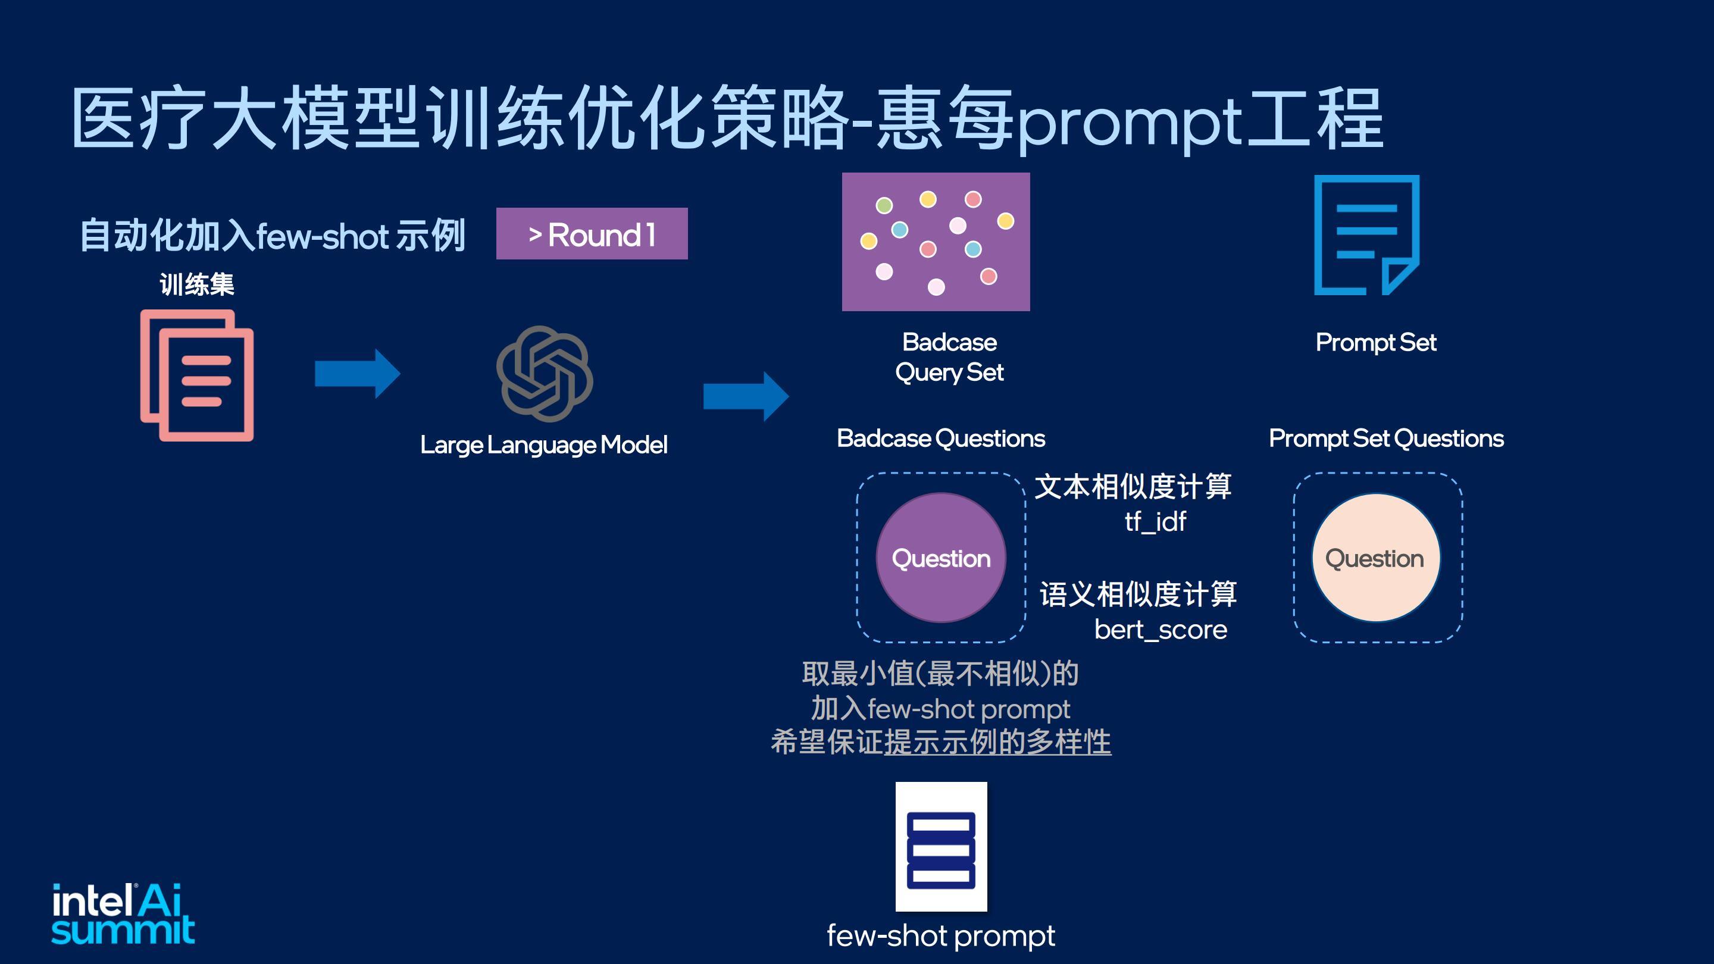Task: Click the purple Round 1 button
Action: click(x=592, y=233)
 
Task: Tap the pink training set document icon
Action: click(x=197, y=375)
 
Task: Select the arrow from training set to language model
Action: click(x=357, y=373)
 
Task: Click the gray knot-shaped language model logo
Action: click(x=545, y=373)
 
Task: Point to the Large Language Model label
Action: click(x=543, y=445)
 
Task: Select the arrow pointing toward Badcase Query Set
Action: click(x=746, y=396)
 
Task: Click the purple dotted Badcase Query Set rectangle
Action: click(x=936, y=242)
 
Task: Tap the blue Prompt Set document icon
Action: click(x=1366, y=235)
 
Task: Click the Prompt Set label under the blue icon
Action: click(x=1376, y=343)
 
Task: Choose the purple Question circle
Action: click(x=941, y=558)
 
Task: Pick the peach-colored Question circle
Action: click(x=1376, y=558)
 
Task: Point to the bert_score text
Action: click(x=1161, y=630)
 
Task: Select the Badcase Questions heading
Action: click(x=941, y=439)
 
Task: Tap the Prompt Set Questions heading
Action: click(x=1386, y=439)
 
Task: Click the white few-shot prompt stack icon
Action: click(x=941, y=846)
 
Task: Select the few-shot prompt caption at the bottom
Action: click(x=941, y=936)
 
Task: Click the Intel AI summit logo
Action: click(x=123, y=913)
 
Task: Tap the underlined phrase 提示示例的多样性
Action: click(x=997, y=743)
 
